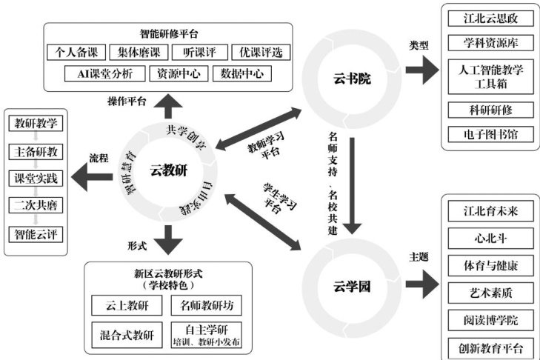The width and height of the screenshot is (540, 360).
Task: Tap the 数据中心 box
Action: tap(241, 74)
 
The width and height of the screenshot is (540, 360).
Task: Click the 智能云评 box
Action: tap(36, 234)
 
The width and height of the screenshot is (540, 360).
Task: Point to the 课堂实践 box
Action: tap(36, 179)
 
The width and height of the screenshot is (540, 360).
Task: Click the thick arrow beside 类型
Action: tap(422, 70)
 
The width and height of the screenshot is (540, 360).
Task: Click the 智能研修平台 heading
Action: tap(169, 33)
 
